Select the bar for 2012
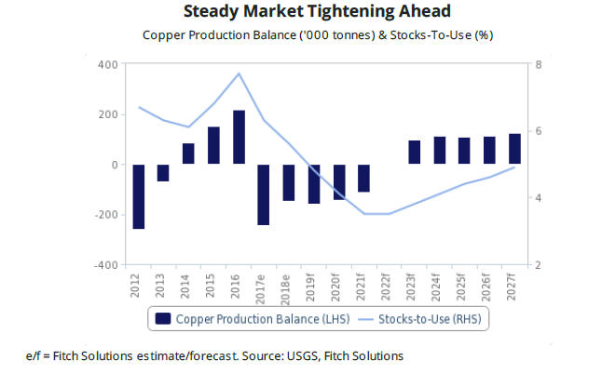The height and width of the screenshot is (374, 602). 139,196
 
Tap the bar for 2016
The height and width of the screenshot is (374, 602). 239,138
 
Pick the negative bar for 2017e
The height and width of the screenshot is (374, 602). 264,194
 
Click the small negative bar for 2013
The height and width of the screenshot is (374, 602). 163,172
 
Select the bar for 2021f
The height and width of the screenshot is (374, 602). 363,178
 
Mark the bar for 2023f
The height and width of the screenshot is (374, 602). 414,153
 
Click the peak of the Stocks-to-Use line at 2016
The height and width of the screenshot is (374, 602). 239,73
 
